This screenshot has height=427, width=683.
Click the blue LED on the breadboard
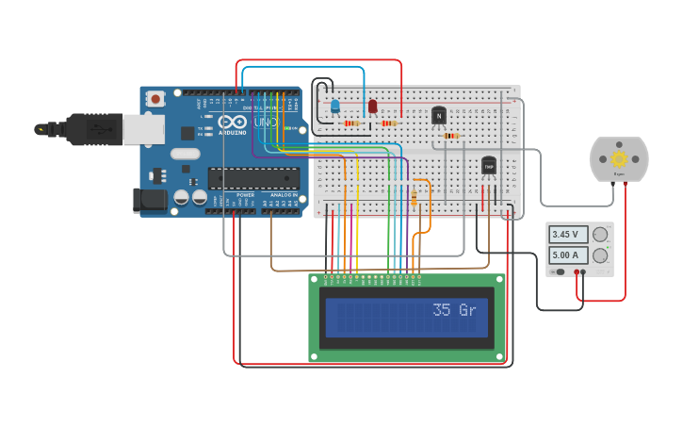[334, 106]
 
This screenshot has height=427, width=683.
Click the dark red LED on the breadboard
[372, 107]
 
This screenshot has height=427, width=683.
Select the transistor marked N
[438, 116]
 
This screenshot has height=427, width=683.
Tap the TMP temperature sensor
[488, 166]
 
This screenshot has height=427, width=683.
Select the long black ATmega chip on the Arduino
[253, 177]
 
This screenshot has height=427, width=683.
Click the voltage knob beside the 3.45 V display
[600, 235]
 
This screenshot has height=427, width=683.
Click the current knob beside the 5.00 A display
[600, 255]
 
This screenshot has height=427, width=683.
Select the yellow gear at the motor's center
[619, 158]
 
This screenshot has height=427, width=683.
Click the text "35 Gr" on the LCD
[454, 309]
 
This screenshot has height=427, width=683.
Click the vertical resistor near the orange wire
[415, 196]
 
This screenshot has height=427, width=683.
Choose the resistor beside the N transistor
[450, 136]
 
